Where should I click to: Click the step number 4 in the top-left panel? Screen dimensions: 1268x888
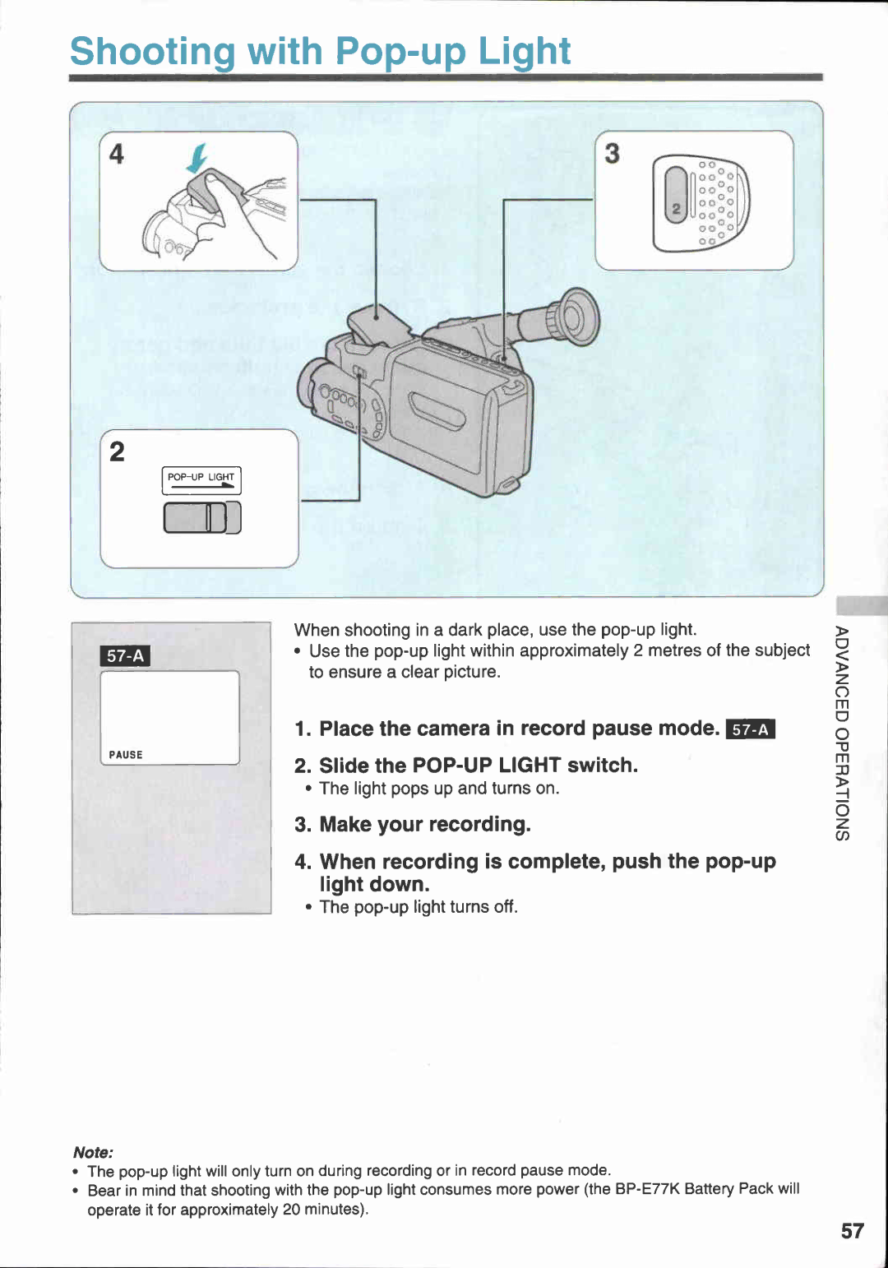(x=117, y=154)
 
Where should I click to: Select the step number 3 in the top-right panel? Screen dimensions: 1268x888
(x=613, y=154)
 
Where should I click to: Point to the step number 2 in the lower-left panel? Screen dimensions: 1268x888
(x=118, y=451)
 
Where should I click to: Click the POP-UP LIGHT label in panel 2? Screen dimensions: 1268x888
(x=201, y=477)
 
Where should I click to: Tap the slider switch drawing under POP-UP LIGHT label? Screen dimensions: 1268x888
(x=202, y=518)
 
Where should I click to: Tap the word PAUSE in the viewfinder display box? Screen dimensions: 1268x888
(x=126, y=755)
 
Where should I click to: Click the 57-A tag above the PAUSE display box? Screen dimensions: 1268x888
(x=125, y=656)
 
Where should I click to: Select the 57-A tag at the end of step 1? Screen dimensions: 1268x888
(x=751, y=729)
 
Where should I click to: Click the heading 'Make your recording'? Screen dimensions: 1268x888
(x=424, y=824)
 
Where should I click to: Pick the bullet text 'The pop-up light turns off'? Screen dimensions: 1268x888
(x=418, y=907)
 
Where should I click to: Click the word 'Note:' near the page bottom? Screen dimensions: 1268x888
(x=93, y=1152)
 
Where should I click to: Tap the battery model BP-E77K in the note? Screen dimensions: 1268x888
(x=647, y=1189)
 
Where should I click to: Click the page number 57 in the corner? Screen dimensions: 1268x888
(x=852, y=1230)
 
